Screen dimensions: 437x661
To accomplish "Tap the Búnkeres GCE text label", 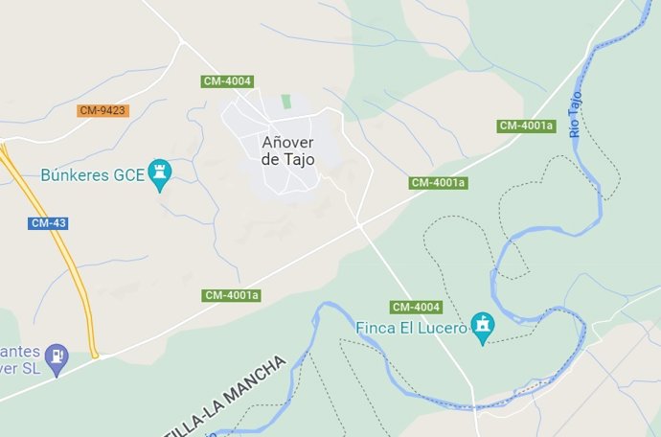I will click(92, 175).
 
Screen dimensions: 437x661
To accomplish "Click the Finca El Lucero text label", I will click(411, 329).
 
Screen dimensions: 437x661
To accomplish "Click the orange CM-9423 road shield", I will click(103, 110).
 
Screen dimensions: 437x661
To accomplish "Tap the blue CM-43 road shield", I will click(49, 223).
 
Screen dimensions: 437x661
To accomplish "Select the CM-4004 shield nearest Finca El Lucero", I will click(417, 307).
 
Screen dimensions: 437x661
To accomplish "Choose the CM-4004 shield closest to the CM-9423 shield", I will click(227, 81).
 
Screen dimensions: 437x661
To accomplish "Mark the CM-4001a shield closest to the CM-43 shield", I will click(232, 295).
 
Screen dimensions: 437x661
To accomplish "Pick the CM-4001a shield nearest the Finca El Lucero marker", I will click(438, 182).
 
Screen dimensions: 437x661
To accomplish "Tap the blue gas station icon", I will click(57, 356).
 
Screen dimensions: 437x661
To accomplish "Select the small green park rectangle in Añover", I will click(285, 101).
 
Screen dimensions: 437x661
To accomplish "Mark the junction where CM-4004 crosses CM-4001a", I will click(359, 223).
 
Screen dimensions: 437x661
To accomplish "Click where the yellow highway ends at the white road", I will click(96, 356).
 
